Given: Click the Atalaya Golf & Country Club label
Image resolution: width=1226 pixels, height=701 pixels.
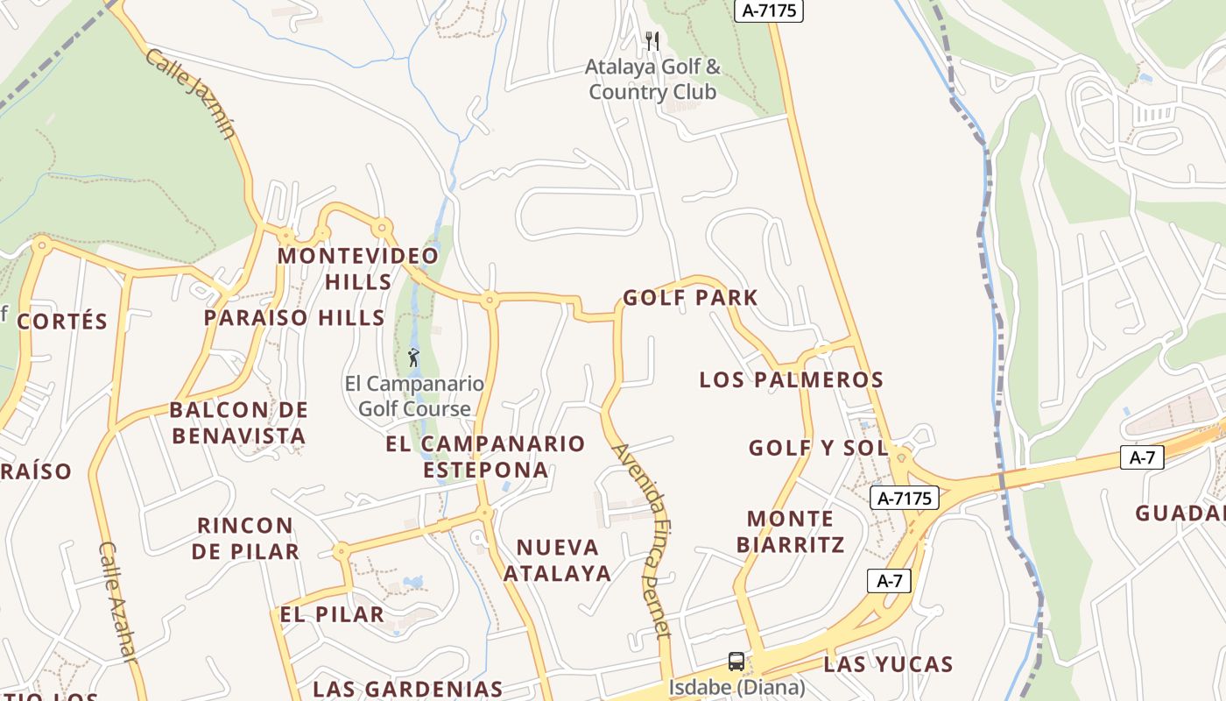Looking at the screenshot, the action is point(653,79).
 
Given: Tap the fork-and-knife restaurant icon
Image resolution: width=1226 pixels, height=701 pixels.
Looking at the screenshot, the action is point(652,40).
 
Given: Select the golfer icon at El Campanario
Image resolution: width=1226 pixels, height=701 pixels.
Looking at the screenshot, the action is point(413,358).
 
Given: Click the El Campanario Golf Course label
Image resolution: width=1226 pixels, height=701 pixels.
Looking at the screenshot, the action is point(414,396).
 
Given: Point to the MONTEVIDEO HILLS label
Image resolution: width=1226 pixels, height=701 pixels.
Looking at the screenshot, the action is point(358,269).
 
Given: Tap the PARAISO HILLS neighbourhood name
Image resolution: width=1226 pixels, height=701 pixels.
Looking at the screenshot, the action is point(294,317).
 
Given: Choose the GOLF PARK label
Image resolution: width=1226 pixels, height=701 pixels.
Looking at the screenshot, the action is point(690,298).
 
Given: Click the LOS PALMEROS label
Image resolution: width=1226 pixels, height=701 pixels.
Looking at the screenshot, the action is point(791,379).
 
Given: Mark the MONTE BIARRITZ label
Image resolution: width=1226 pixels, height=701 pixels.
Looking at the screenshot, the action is point(791,532).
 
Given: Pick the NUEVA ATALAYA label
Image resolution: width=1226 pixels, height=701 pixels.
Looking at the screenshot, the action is point(558,561).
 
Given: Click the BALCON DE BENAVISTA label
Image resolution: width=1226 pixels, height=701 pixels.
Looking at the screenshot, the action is point(239,423).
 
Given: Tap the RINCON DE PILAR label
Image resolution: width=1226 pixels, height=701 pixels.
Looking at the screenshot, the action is point(245,538).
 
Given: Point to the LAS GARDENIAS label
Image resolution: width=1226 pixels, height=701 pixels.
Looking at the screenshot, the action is point(408,689).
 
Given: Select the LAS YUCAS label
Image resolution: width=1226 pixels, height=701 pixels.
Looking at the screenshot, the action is point(888,664).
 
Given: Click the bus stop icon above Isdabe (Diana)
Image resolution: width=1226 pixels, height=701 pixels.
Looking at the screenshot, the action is point(736,662).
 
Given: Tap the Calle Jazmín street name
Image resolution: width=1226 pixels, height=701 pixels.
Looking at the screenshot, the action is point(191,94).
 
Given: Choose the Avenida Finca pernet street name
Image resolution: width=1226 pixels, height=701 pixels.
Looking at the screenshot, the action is point(642,541).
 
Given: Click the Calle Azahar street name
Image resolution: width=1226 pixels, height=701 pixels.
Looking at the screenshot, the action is point(118,613).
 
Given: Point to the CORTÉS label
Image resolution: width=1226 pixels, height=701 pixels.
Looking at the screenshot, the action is point(62,322).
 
